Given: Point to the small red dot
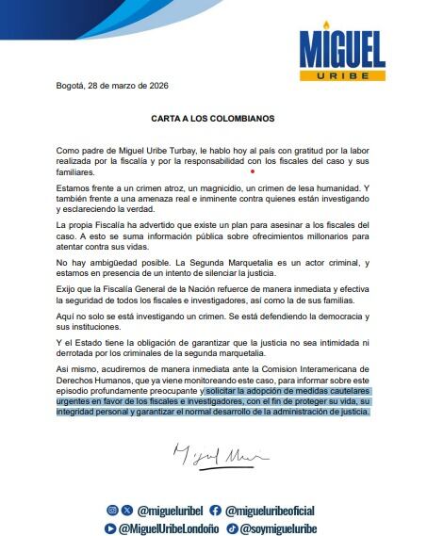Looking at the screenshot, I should tap(252, 172).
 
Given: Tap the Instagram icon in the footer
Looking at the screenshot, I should tap(111, 510).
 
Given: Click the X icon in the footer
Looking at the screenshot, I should tap(127, 510).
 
